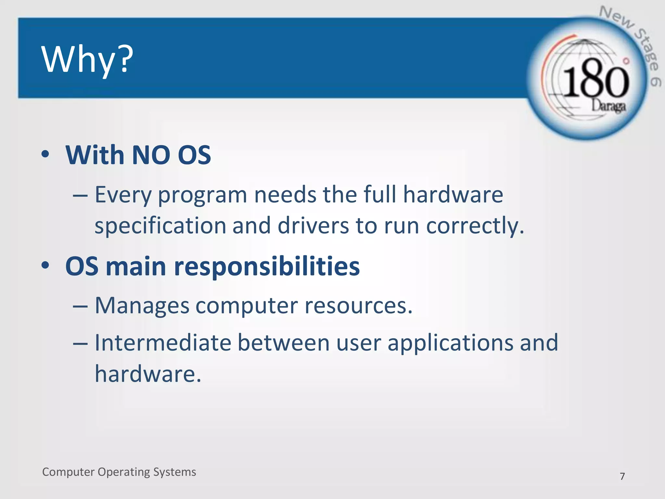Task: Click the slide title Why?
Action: (x=87, y=59)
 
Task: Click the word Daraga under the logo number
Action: (x=608, y=106)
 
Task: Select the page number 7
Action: (x=622, y=476)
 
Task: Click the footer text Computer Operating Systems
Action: (x=119, y=472)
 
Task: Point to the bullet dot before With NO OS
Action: (x=45, y=154)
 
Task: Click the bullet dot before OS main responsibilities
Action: (x=45, y=265)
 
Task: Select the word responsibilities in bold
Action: (x=267, y=267)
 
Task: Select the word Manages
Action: (x=142, y=306)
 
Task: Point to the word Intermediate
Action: (x=163, y=343)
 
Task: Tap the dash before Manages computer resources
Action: (x=80, y=306)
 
